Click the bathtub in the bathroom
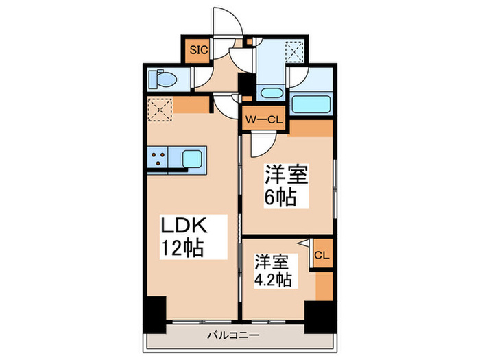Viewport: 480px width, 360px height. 311,104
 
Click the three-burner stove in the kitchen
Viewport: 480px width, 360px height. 157,158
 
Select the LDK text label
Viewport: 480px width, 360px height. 183,225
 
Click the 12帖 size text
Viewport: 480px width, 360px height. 182,248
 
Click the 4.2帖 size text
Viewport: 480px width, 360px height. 274,280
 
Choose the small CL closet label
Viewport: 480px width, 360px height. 321,255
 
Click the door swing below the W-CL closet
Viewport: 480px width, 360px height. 261,143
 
